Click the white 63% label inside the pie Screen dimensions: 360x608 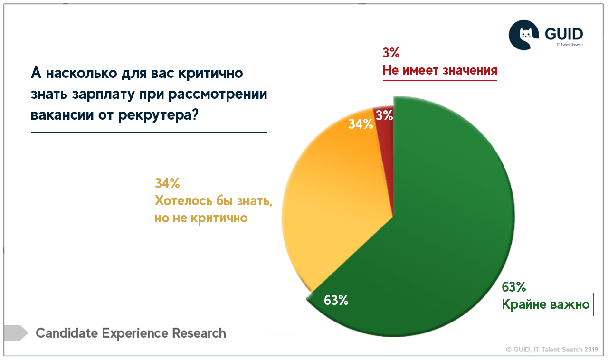[336, 300]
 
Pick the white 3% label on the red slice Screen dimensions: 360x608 [383, 115]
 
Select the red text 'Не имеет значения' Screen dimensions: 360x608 [440, 70]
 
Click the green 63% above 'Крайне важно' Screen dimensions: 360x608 [513, 287]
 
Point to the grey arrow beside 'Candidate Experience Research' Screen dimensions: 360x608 [16, 332]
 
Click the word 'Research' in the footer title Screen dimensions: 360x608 [199, 333]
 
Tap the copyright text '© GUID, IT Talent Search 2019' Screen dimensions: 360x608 [551, 349]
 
